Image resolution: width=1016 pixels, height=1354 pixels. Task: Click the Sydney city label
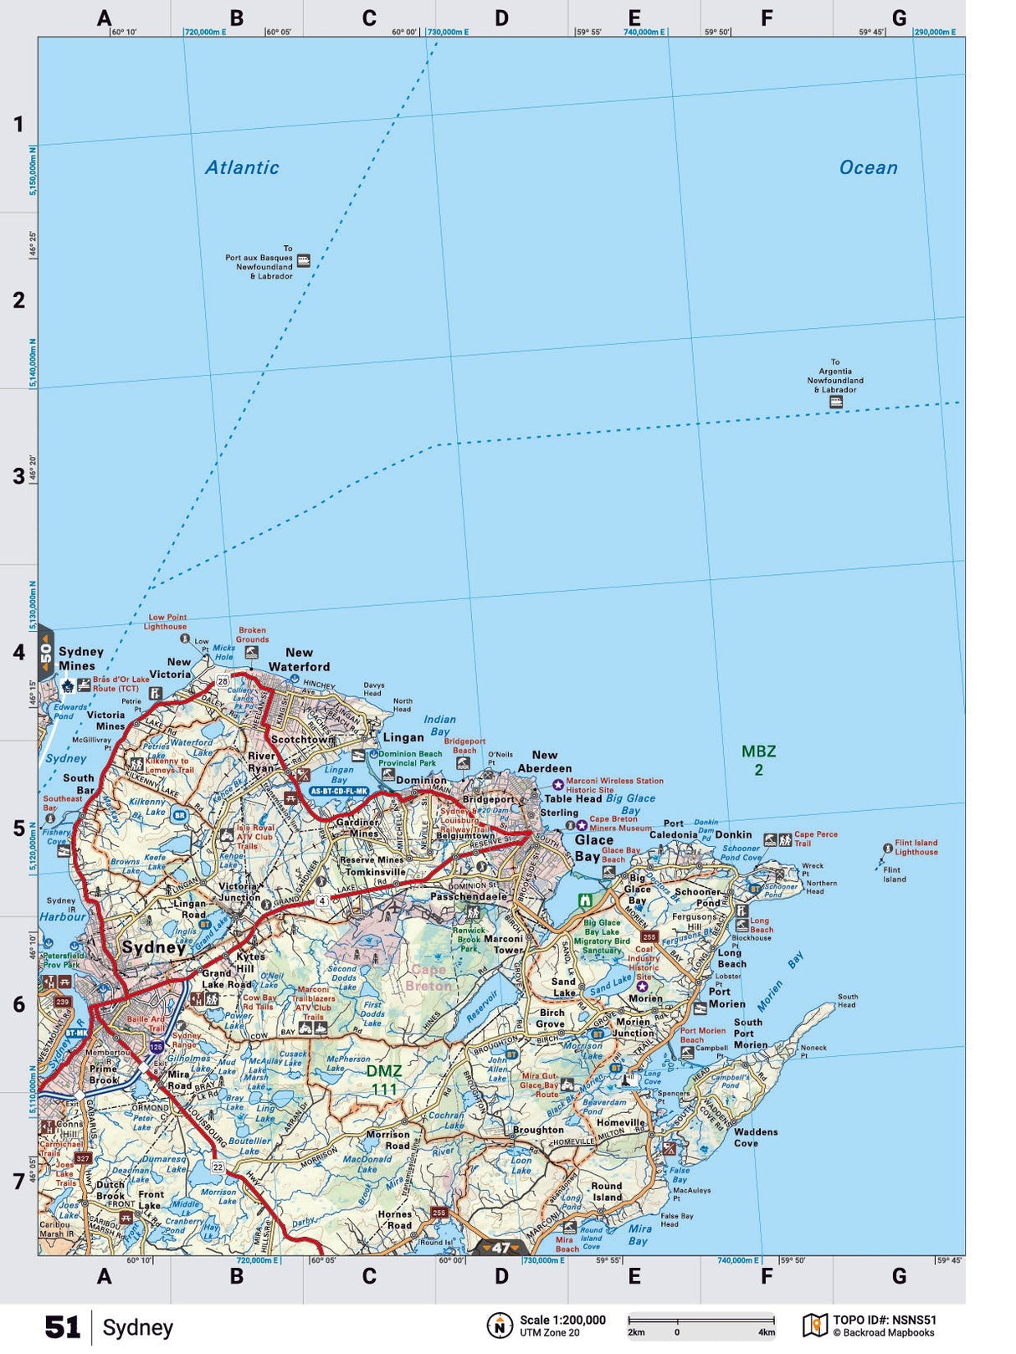(154, 947)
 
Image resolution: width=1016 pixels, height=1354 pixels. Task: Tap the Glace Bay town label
(594, 848)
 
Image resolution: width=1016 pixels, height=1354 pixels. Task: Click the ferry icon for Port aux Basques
(304, 260)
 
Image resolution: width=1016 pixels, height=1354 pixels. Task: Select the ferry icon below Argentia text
(835, 403)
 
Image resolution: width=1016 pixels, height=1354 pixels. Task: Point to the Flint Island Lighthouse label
(916, 848)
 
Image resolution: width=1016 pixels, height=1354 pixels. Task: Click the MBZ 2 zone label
(758, 760)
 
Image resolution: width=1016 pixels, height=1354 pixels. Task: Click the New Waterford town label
(299, 659)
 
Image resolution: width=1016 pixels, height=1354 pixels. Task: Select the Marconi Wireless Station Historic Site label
(614, 785)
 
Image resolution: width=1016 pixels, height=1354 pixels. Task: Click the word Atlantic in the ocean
(242, 167)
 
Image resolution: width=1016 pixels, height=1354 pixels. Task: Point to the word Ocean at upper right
(868, 167)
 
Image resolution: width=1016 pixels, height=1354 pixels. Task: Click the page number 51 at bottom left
(62, 1327)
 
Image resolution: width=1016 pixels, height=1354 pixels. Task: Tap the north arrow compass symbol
(500, 1326)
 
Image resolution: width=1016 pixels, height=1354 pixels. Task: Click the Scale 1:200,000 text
(562, 1320)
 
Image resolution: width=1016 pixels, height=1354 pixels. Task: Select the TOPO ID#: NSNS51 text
(884, 1320)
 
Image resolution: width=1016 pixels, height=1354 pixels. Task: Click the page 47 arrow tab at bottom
(500, 1248)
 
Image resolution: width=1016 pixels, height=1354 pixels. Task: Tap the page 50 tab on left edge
(45, 652)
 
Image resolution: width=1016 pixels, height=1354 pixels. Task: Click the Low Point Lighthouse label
(166, 622)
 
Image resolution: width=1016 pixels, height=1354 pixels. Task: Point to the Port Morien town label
(726, 998)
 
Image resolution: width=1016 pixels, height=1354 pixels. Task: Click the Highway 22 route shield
(218, 1167)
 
